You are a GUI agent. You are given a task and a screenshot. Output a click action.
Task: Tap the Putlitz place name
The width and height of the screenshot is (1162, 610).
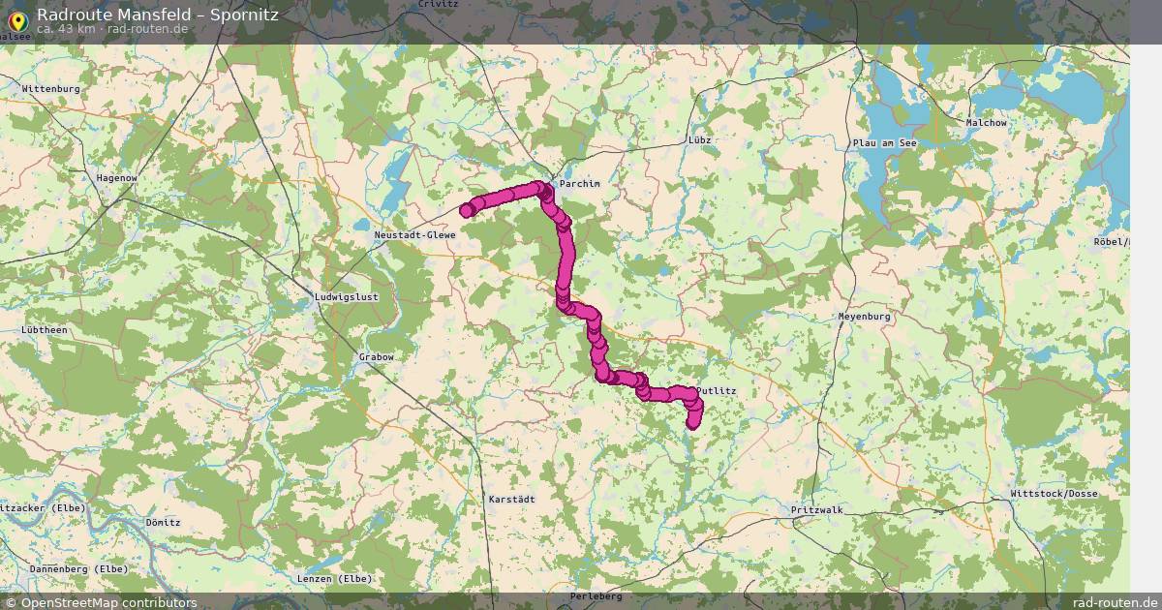(717, 391)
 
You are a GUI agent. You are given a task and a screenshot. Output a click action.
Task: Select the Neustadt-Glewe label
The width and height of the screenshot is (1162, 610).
(414, 235)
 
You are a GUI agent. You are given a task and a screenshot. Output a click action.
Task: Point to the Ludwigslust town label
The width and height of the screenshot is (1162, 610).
(346, 296)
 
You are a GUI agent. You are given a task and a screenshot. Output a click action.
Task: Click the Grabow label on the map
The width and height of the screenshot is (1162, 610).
(376, 357)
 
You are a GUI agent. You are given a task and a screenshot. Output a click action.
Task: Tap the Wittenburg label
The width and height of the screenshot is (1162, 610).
(50, 89)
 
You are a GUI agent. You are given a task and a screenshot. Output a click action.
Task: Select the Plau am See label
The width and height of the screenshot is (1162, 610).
(884, 143)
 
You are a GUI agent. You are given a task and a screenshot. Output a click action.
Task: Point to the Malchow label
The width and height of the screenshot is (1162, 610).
(986, 123)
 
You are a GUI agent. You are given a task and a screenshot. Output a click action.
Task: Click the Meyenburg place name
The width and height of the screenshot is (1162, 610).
(863, 317)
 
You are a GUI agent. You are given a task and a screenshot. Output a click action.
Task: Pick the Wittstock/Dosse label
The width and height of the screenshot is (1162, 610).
(1053, 494)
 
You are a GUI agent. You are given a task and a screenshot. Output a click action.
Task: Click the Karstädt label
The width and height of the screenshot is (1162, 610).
(512, 499)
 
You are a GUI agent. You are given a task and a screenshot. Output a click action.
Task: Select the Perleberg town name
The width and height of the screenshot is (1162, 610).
(596, 596)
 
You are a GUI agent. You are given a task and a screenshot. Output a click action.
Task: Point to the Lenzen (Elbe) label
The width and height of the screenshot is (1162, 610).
(335, 579)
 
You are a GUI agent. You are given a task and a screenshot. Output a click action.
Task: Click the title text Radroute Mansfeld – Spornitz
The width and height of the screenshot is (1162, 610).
(158, 14)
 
